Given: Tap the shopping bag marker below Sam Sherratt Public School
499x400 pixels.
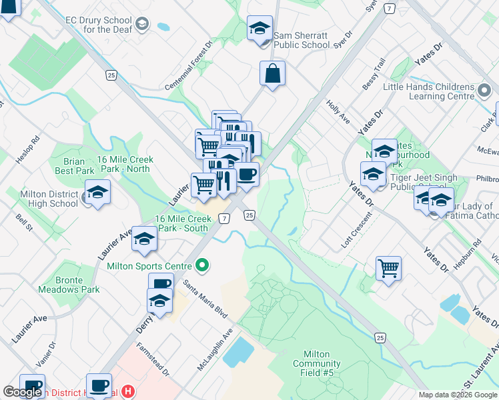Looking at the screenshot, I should (273, 75).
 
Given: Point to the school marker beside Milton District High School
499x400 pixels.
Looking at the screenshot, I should (97, 194).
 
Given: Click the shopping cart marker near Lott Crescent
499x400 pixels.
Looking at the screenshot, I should (388, 269).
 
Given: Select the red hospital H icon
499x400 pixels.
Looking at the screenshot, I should (129, 393).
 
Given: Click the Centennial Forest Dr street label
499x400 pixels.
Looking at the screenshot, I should (189, 67).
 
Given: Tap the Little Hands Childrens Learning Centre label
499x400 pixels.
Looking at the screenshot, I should (428, 91).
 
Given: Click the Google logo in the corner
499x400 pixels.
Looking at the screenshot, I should (22, 392).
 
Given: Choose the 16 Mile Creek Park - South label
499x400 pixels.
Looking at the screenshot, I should (182, 223).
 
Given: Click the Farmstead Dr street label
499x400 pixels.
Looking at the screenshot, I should (153, 360).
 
